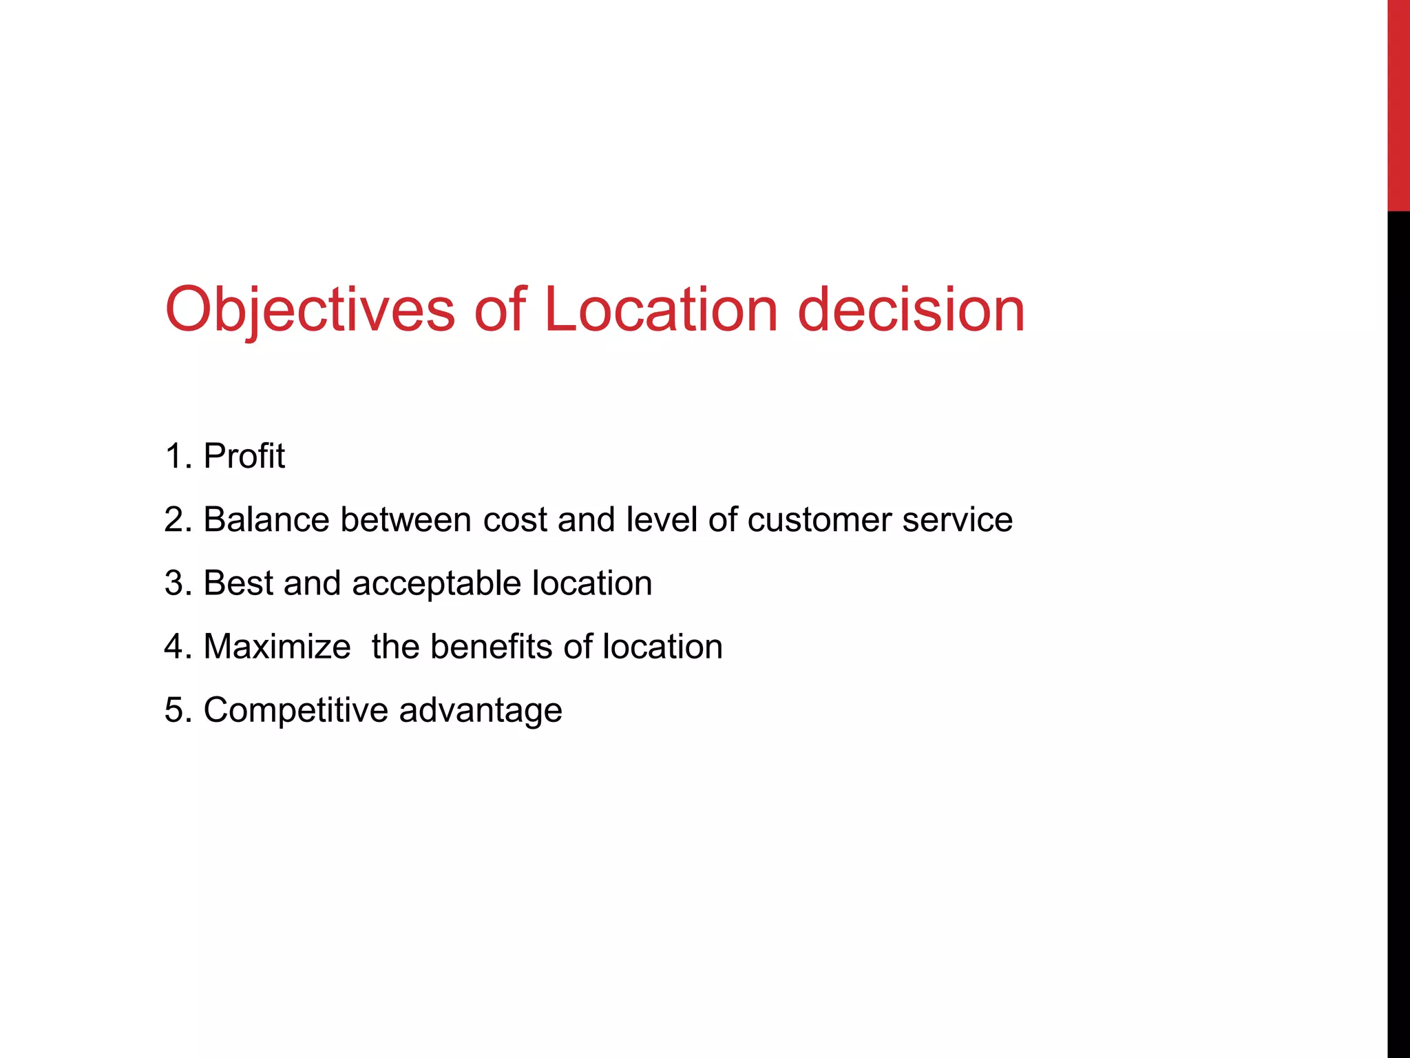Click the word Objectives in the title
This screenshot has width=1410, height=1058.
(310, 310)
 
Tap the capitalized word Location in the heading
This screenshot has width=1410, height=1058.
(661, 310)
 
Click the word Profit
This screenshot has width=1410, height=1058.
(244, 456)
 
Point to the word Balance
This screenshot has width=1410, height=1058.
(266, 519)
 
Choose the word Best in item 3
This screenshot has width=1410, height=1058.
(238, 583)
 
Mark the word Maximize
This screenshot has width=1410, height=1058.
(277, 647)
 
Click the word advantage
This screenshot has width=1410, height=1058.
(480, 711)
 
